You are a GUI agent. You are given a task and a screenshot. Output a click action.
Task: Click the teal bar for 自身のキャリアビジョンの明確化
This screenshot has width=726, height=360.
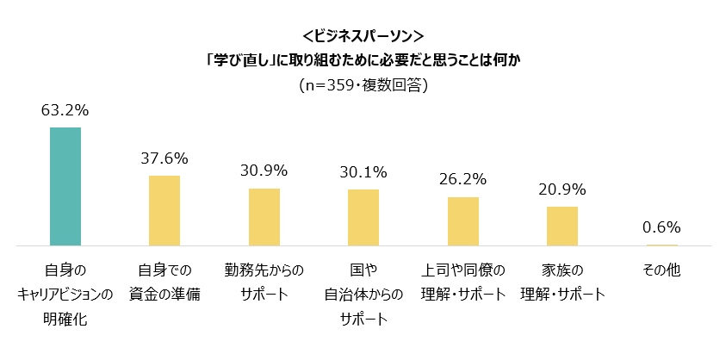pyautogui.click(x=65, y=186)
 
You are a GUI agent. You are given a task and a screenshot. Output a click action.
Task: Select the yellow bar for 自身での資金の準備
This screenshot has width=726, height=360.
pyautogui.click(x=164, y=210)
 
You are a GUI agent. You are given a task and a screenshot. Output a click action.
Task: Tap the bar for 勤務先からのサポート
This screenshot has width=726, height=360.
pyautogui.click(x=264, y=217)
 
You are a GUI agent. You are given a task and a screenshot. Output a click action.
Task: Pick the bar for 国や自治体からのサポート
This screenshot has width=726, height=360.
pyautogui.click(x=363, y=217)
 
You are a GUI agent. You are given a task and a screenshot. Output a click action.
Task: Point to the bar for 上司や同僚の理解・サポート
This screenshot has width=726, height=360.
pyautogui.click(x=463, y=221)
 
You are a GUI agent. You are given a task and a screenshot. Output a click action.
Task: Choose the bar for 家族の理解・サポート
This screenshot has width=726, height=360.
pyautogui.click(x=562, y=226)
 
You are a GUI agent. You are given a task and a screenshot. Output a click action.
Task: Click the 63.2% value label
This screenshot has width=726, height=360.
pyautogui.click(x=65, y=110)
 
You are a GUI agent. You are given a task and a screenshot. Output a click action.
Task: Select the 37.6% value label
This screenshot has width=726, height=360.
pyautogui.click(x=164, y=158)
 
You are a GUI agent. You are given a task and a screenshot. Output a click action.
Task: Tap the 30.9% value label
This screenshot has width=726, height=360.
pyautogui.click(x=264, y=171)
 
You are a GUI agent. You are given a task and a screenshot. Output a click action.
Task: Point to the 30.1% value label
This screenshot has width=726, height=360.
pyautogui.click(x=363, y=172)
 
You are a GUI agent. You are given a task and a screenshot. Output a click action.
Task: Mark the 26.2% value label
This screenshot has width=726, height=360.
pyautogui.click(x=463, y=180)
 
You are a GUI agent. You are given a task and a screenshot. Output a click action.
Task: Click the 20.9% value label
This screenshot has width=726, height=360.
pyautogui.click(x=562, y=189)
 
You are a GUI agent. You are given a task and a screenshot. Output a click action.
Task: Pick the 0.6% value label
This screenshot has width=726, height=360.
pyautogui.click(x=661, y=227)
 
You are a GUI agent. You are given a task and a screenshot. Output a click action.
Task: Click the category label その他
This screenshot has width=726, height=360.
pyautogui.click(x=661, y=270)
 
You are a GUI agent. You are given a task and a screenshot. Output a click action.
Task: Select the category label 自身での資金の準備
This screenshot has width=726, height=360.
pyautogui.click(x=164, y=282)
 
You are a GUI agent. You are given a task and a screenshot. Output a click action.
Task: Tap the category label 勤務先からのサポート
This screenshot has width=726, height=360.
pyautogui.click(x=264, y=282)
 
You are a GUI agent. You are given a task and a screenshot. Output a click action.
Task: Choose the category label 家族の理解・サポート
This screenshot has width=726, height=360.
pyautogui.click(x=562, y=282)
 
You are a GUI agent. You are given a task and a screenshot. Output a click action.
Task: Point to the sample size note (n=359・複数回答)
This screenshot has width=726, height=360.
pyautogui.click(x=363, y=85)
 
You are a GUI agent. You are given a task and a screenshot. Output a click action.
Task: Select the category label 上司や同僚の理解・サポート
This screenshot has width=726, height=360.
pyautogui.click(x=463, y=282)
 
